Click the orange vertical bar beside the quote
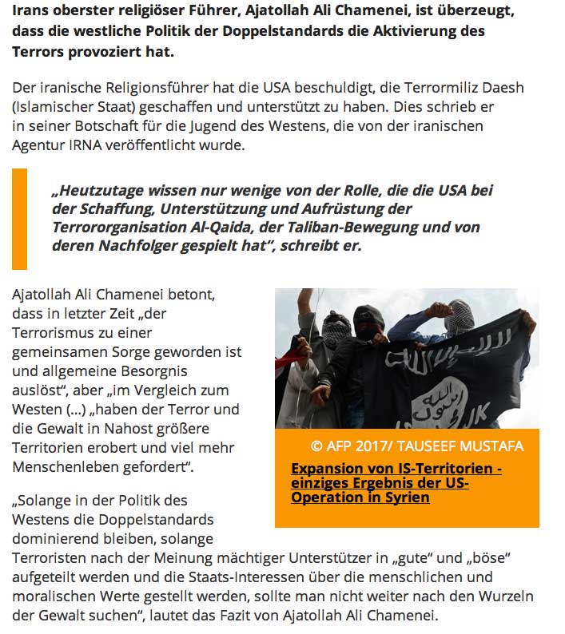pyautogui.click(x=19, y=218)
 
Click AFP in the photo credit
pyautogui.click(x=340, y=446)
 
